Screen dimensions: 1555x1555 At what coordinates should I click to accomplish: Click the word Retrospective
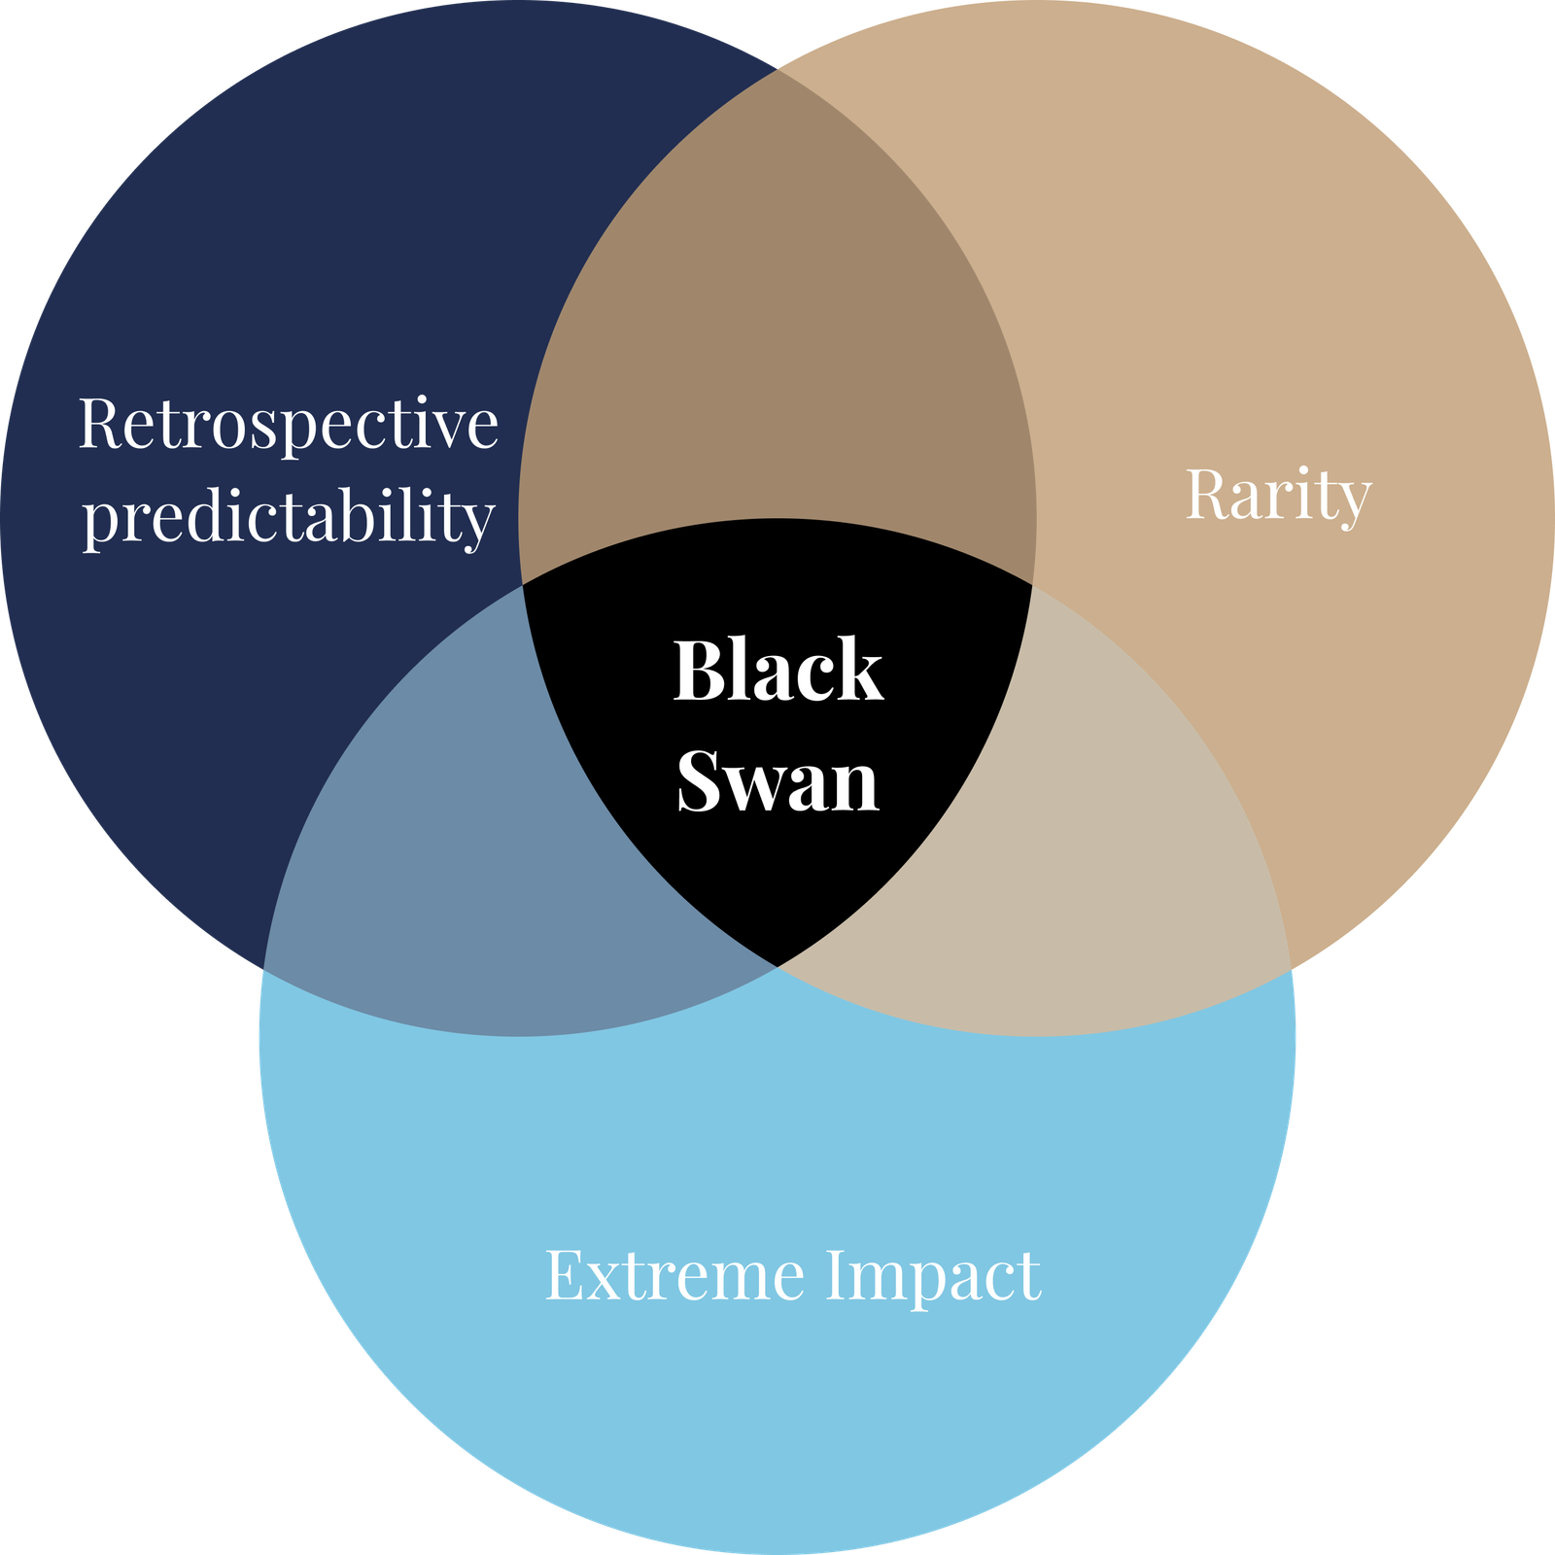tap(289, 425)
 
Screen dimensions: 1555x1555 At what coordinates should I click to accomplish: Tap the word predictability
tap(289, 518)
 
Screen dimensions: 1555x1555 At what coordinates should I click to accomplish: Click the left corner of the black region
tap(523, 584)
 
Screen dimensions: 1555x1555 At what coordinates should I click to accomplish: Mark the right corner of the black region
tap(1032, 584)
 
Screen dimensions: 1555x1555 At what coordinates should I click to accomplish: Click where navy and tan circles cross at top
tap(777, 70)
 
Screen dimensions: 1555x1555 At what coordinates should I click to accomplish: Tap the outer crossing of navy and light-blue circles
tap(263, 969)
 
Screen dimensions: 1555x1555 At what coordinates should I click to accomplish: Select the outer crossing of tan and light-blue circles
tap(1292, 969)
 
